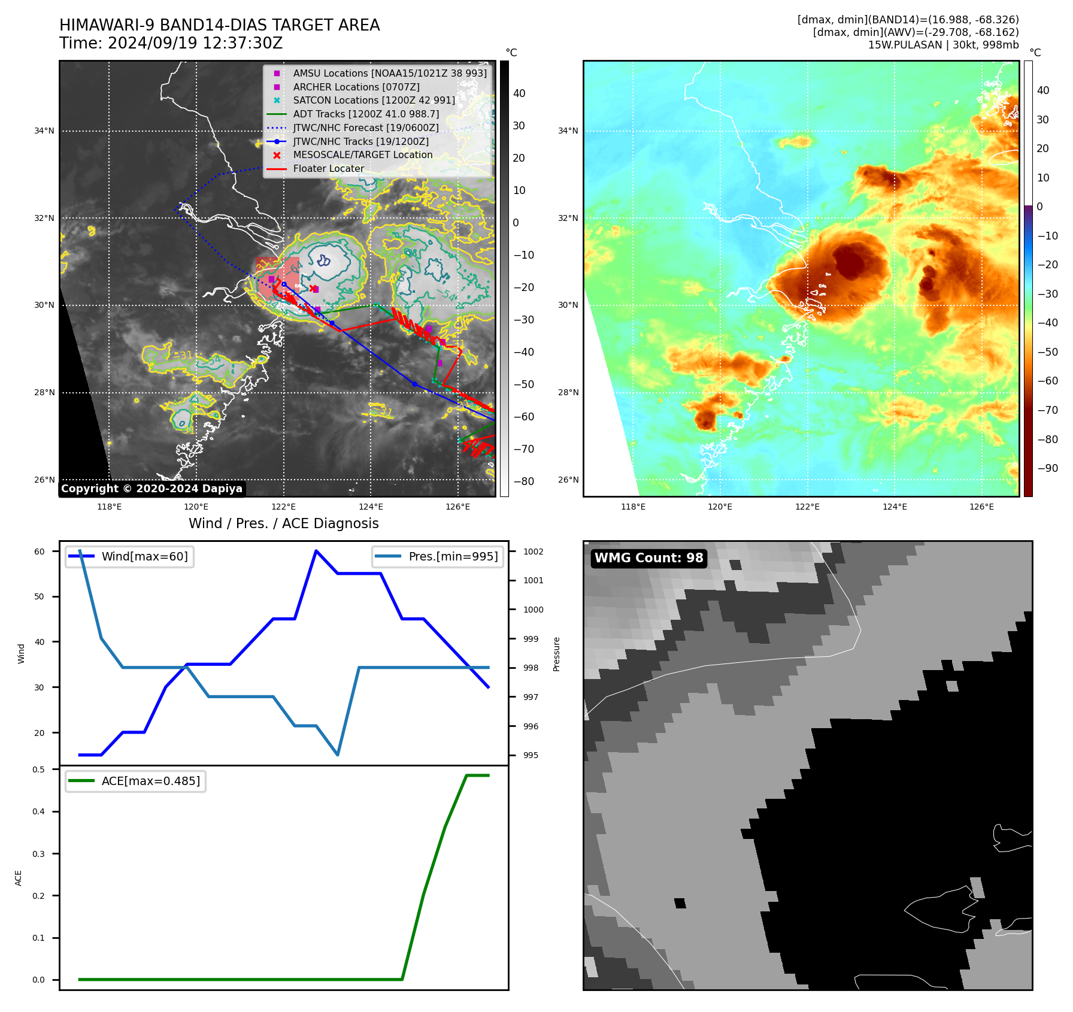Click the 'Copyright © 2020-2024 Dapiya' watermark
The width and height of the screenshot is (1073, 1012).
151,489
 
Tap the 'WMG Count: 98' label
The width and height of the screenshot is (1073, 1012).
648,558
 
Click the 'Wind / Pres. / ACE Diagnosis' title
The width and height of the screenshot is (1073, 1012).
284,523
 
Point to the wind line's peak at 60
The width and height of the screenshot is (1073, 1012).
316,551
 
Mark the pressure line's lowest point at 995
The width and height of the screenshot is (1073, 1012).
338,755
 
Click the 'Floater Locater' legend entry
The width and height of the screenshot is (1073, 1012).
328,169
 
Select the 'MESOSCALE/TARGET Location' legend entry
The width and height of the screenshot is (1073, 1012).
362,155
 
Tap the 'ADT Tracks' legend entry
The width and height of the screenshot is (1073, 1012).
365,114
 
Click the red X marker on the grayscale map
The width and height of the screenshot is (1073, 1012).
313,289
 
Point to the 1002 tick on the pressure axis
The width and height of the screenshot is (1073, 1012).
533,552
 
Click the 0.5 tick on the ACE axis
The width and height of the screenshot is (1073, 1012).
39,769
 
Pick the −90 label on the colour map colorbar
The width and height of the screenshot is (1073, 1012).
1047,468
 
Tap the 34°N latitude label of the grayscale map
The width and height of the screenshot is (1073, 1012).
44,131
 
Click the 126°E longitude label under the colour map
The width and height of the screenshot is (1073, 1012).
981,507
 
